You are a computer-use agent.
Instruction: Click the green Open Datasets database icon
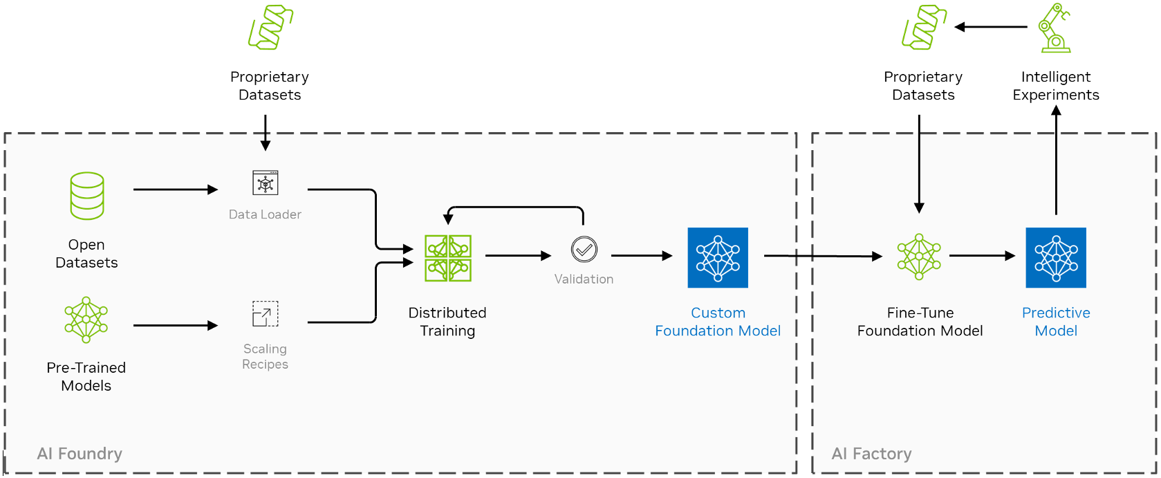click(87, 196)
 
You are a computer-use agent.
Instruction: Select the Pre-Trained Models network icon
click(86, 320)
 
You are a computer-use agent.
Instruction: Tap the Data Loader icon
click(266, 183)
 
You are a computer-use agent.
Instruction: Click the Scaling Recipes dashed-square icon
click(266, 313)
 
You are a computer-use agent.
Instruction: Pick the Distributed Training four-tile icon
click(448, 258)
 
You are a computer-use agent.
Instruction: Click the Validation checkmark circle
click(584, 249)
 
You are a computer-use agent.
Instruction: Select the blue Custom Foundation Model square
click(718, 257)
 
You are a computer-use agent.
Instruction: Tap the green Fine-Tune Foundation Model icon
click(919, 257)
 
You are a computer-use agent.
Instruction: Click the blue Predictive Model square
click(1056, 257)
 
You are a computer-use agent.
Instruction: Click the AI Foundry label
click(80, 454)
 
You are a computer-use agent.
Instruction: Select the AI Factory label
click(871, 454)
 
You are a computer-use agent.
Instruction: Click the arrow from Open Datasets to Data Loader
click(176, 189)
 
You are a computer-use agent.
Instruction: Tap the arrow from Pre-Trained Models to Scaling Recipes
click(176, 325)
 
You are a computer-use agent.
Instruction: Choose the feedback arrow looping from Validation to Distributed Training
click(515, 207)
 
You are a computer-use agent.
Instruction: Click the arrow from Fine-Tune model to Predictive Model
click(982, 256)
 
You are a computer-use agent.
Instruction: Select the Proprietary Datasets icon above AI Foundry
click(270, 28)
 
